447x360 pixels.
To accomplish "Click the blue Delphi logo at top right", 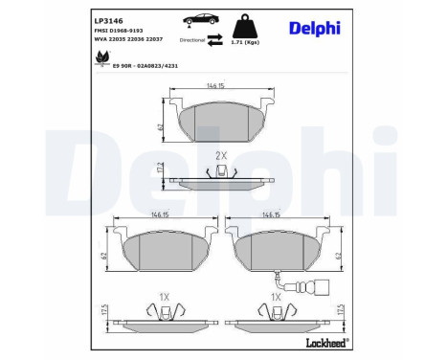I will coord(314,28).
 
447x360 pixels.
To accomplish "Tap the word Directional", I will coord(192,42).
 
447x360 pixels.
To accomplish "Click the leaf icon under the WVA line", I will coord(100,58).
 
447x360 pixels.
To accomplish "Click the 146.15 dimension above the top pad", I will coord(222,86).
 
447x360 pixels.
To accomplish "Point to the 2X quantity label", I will coord(221,155).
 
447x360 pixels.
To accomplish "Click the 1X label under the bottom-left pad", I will coord(165,297).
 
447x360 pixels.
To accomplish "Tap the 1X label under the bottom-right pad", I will coord(277,297).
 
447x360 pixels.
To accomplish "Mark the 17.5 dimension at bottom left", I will coord(103,312).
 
